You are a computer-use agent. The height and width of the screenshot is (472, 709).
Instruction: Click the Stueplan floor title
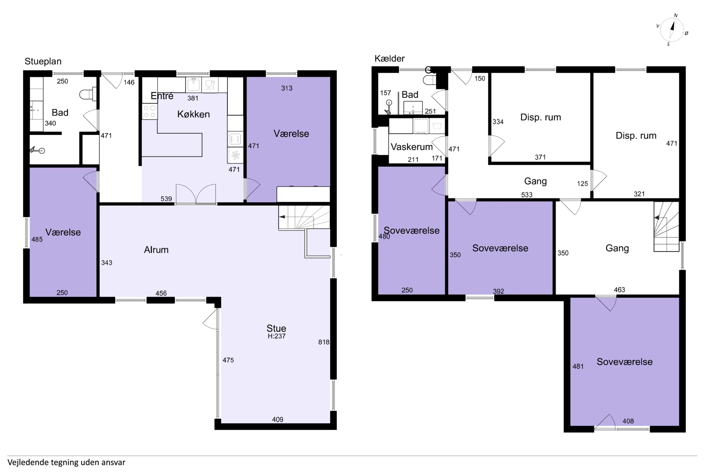pos(43,61)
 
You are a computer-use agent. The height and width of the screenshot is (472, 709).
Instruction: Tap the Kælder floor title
pos(389,58)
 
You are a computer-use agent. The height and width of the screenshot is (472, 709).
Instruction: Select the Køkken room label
pos(194,114)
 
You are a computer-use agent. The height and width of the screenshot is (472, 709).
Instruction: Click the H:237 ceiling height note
pos(277,336)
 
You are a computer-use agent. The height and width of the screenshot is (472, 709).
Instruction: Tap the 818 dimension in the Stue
pos(324,342)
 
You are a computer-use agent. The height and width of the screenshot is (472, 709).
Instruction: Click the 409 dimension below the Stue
pos(278,419)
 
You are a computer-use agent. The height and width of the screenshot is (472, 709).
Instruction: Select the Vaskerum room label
pos(412,147)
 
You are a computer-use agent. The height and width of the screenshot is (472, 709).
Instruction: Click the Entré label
pos(162,96)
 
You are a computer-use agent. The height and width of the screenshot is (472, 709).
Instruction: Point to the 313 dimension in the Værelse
pos(287,88)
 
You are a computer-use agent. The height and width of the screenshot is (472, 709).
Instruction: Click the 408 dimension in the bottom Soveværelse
pos(628,421)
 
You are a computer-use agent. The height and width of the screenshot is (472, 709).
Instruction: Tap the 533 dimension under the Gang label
pos(527,195)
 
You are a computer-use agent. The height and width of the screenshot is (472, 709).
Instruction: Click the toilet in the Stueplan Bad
pos(88,94)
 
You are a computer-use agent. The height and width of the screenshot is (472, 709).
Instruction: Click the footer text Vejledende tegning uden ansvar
pos(66,462)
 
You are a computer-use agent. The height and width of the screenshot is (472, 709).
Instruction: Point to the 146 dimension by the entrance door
pos(129,82)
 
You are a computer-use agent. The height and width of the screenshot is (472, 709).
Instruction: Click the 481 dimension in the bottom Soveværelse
pos(578,366)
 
